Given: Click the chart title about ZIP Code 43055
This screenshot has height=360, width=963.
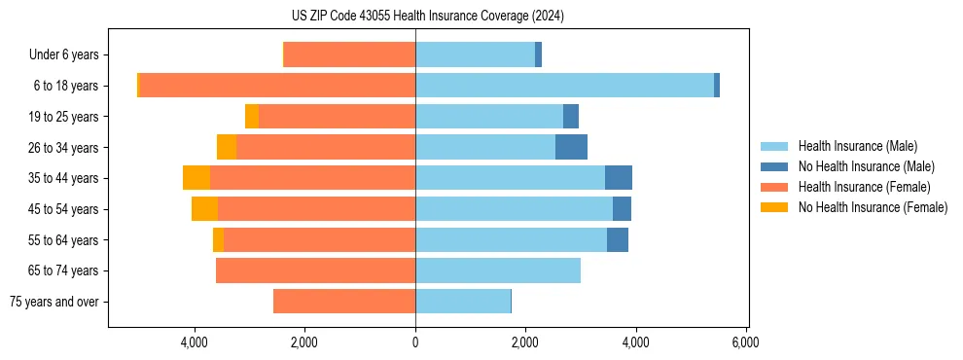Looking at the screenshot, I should click(x=428, y=16).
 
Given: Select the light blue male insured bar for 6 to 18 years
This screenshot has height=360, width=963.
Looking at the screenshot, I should click(x=564, y=86).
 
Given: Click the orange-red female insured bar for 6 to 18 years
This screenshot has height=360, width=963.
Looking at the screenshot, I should click(x=277, y=86).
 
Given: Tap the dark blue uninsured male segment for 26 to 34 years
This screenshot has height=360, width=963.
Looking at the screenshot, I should click(x=571, y=147).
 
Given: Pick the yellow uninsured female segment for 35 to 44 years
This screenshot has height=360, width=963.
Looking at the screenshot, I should click(x=196, y=178).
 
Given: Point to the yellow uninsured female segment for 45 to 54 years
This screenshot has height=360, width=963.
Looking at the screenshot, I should click(x=204, y=209).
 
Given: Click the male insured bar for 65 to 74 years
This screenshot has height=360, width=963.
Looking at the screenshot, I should click(x=498, y=270).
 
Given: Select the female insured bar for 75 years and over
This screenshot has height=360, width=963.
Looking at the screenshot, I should click(x=344, y=302).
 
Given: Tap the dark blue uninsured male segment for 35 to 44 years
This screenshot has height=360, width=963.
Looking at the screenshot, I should click(x=619, y=178).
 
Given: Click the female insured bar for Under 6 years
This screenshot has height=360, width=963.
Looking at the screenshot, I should click(x=349, y=54).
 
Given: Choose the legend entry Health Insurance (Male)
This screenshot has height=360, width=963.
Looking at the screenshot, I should click(x=852, y=146).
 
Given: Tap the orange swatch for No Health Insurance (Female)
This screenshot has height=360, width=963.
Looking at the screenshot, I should click(x=774, y=207).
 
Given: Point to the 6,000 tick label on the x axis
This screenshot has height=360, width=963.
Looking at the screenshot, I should click(x=746, y=342).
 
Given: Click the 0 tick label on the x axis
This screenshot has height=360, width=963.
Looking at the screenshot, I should click(x=415, y=342).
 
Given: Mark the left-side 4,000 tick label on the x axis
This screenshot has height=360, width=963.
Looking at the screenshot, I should click(x=195, y=342).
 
